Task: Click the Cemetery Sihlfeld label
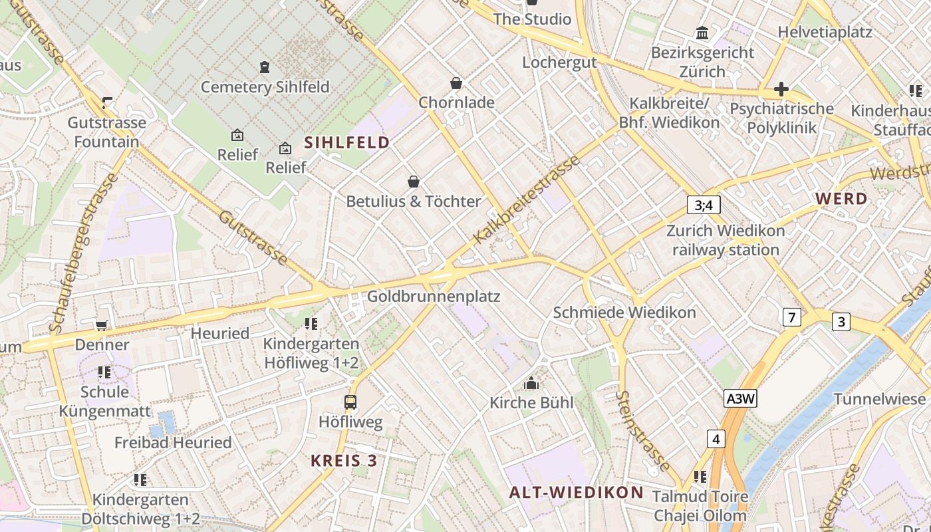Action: click(x=265, y=87)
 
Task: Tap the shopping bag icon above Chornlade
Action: click(x=456, y=83)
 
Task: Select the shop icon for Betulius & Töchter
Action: click(x=414, y=182)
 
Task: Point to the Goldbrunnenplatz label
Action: click(x=433, y=296)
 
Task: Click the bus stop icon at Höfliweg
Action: click(x=350, y=402)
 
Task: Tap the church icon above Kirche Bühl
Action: click(x=531, y=384)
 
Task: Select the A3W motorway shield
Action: click(x=741, y=398)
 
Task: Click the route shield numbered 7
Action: click(x=791, y=318)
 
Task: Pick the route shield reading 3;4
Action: click(x=704, y=205)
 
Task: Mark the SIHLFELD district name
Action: click(x=346, y=142)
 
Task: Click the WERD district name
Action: click(x=841, y=198)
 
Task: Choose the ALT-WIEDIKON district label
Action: click(x=576, y=492)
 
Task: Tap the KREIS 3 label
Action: click(x=344, y=460)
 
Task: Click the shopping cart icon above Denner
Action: click(x=101, y=325)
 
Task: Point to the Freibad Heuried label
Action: click(x=173, y=442)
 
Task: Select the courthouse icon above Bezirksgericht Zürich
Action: click(x=702, y=33)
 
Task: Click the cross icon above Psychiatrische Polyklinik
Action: click(x=781, y=89)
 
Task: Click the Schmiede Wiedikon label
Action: click(x=624, y=313)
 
